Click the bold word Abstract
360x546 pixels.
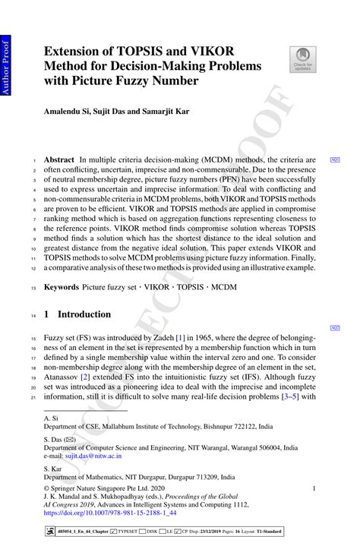(58, 160)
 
